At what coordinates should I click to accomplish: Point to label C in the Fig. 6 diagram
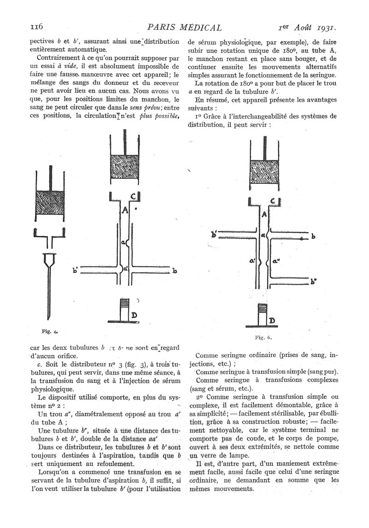click(273, 202)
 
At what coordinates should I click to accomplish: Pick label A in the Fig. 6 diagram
click(263, 215)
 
